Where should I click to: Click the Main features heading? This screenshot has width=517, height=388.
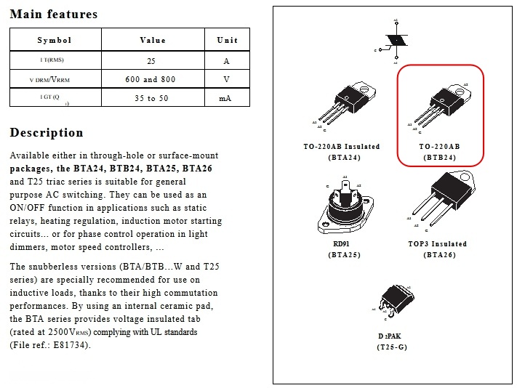tap(54, 15)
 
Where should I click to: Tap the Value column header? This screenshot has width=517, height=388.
tap(153, 40)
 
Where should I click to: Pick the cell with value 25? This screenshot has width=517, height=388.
tap(151, 61)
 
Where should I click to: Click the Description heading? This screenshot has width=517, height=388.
tap(47, 132)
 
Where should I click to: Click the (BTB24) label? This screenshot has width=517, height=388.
tap(439, 157)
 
